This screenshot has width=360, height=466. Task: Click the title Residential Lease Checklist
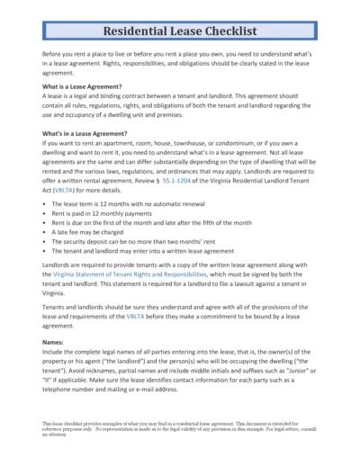pyautogui.click(x=180, y=31)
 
